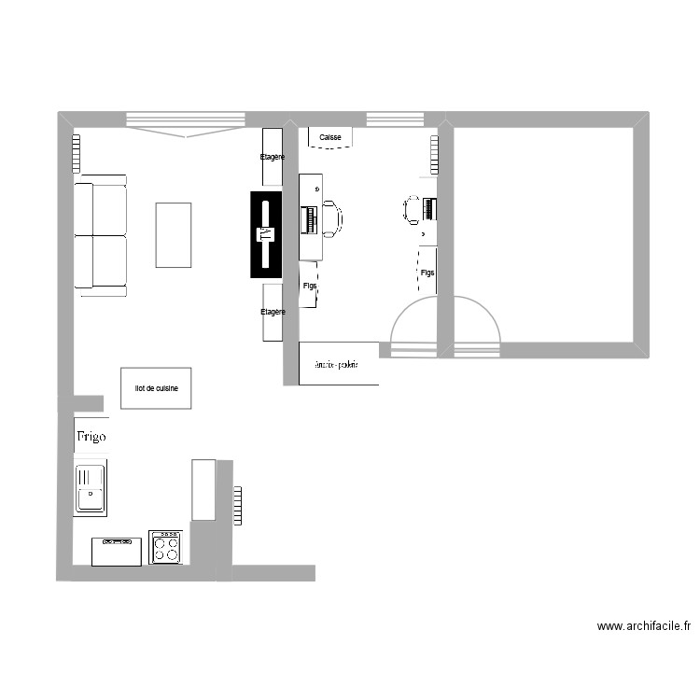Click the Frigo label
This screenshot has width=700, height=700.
[91, 436]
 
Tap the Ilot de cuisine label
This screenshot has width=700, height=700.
[157, 387]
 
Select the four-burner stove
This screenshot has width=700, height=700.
[165, 547]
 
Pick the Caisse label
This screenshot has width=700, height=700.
[330, 137]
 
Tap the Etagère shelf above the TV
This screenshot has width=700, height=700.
[273, 158]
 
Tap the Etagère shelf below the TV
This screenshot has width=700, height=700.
[273, 313]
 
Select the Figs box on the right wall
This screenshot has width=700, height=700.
[427, 272]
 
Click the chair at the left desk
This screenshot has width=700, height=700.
[331, 218]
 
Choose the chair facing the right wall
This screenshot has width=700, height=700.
[413, 210]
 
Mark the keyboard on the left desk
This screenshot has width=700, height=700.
[309, 220]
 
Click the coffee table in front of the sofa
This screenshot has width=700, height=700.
[174, 235]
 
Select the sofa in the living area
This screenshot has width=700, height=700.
[101, 235]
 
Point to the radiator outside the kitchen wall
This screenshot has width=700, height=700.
[238, 505]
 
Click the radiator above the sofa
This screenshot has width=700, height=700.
[75, 153]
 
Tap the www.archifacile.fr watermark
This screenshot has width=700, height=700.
[643, 626]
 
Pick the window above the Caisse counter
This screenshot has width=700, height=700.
[394, 119]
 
